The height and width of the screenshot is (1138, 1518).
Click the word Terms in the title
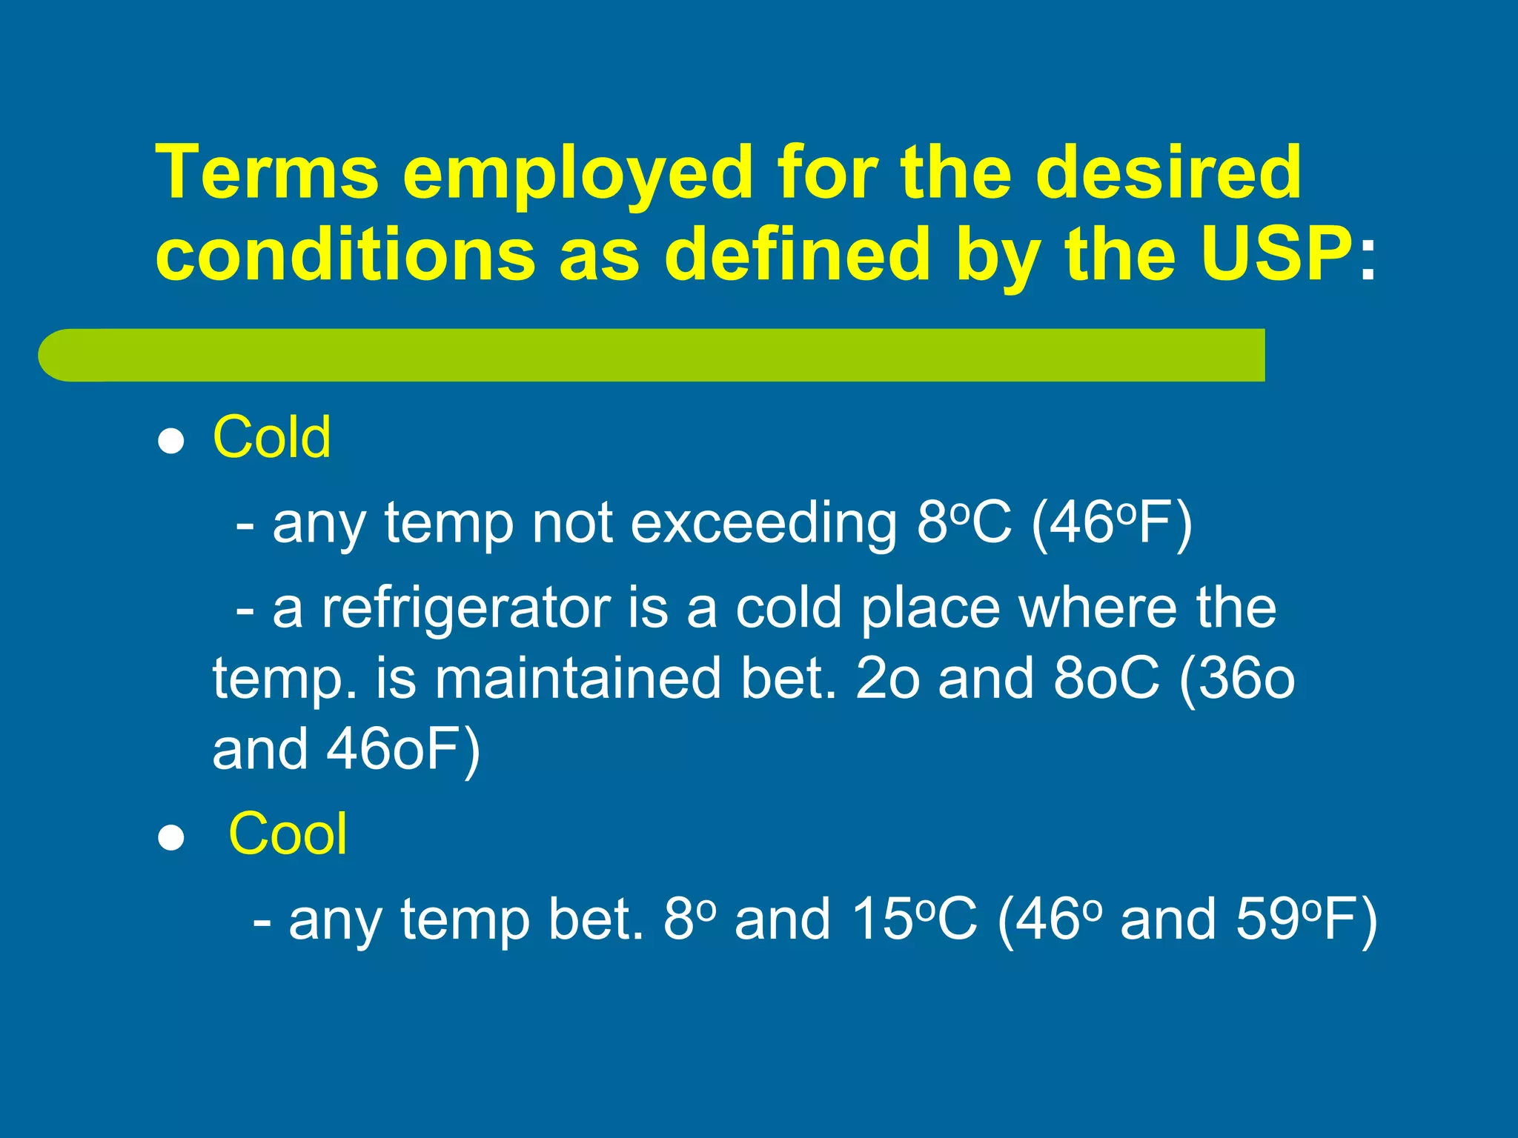[x=268, y=172]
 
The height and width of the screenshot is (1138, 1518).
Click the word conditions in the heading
[x=345, y=254]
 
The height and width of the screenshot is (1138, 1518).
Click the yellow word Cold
[x=272, y=438]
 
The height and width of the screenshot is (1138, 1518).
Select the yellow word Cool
[x=288, y=834]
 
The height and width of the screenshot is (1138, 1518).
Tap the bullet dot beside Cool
[x=171, y=838]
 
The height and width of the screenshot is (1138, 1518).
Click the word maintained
[x=577, y=679]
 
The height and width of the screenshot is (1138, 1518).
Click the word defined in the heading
[x=797, y=254]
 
